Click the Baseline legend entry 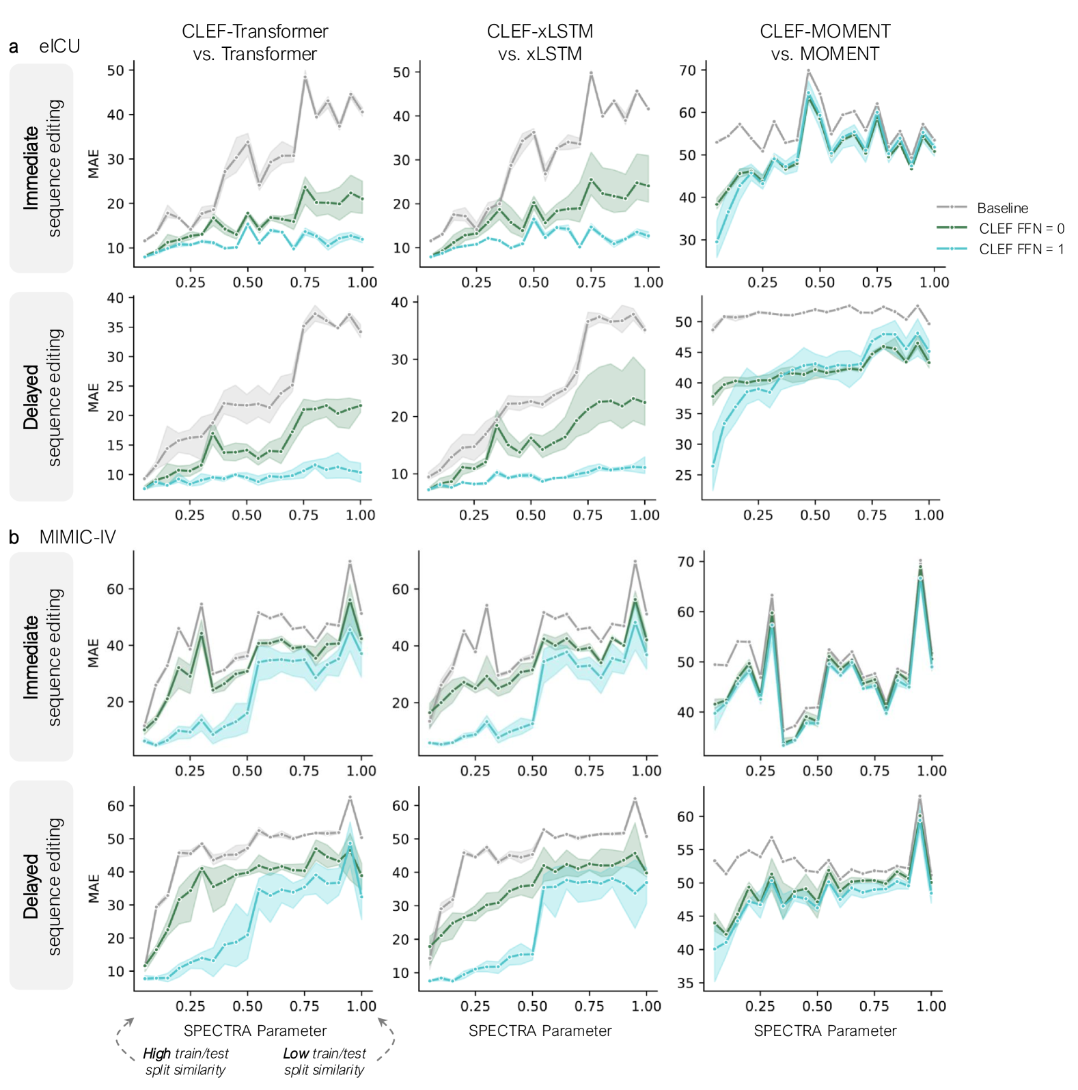pyautogui.click(x=1001, y=208)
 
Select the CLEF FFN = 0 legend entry pyautogui.click(x=1021, y=228)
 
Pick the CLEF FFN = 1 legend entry pyautogui.click(x=1021, y=249)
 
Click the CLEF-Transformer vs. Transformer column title pyautogui.click(x=255, y=42)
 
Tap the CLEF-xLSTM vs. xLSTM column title pyautogui.click(x=540, y=42)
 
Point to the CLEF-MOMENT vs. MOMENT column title pyautogui.click(x=825, y=42)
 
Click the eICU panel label pyautogui.click(x=59, y=46)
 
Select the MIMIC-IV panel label pyautogui.click(x=77, y=537)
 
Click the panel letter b pyautogui.click(x=14, y=538)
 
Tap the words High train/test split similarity pyautogui.click(x=186, y=1061)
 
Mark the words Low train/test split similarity pyautogui.click(x=324, y=1061)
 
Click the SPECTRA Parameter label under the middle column pyautogui.click(x=540, y=1031)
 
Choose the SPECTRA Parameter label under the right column pyautogui.click(x=825, y=1031)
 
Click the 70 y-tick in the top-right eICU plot pyautogui.click(x=687, y=70)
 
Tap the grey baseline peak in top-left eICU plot pyautogui.click(x=305, y=77)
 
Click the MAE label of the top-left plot pyautogui.click(x=94, y=164)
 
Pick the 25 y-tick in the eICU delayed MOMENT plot pyautogui.click(x=683, y=475)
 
